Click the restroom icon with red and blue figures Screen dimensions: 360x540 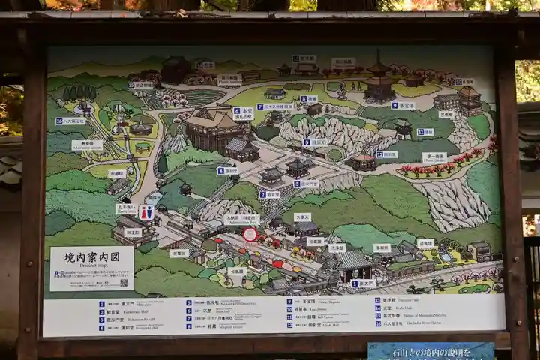(146, 213)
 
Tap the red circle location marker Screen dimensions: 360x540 (250, 234)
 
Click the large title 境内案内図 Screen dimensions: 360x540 (91, 256)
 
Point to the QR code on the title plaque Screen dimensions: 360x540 (124, 282)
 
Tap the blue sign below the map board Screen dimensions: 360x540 (430, 350)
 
